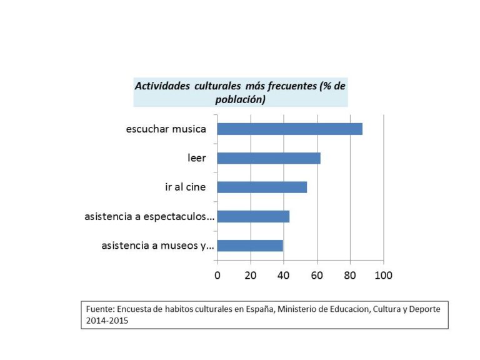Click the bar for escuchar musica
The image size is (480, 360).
[x=289, y=129]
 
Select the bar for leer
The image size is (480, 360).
[x=269, y=158]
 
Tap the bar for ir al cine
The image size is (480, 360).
[x=262, y=187]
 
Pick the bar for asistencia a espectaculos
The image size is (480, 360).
[x=253, y=216]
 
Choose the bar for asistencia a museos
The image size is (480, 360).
[x=250, y=245]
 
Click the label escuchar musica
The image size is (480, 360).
[x=166, y=129]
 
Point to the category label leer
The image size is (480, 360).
[x=197, y=158]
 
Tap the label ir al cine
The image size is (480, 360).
[x=185, y=187]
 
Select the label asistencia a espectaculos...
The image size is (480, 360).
[x=149, y=217]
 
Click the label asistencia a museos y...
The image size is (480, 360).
[x=157, y=246]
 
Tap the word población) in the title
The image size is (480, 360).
[x=241, y=99]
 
